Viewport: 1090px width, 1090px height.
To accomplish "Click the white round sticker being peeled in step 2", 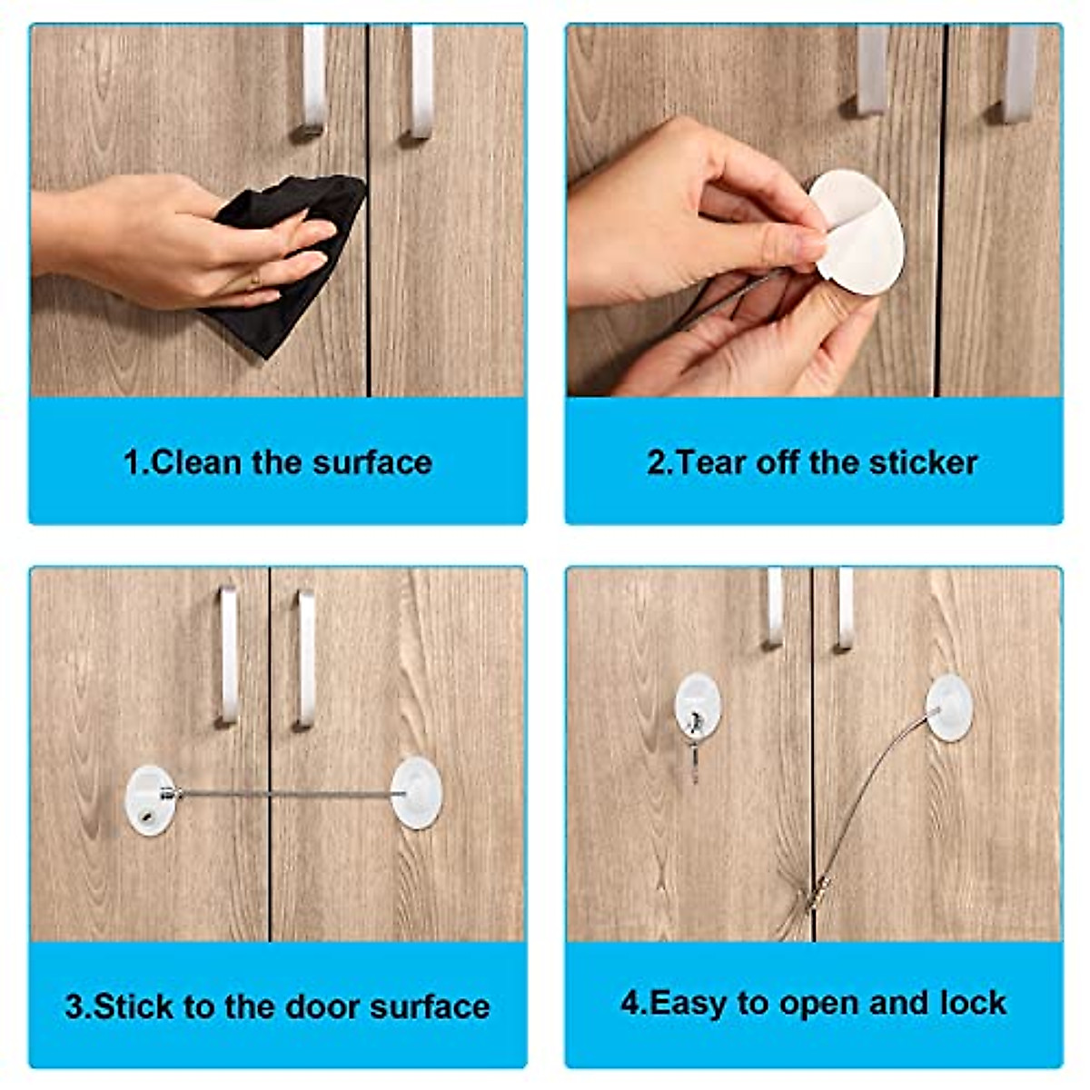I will [x=858, y=232].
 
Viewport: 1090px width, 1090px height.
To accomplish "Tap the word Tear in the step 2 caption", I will [x=705, y=462].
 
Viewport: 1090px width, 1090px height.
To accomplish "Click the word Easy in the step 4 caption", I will [x=690, y=1003].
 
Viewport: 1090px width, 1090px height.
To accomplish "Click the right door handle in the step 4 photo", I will [x=845, y=609].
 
